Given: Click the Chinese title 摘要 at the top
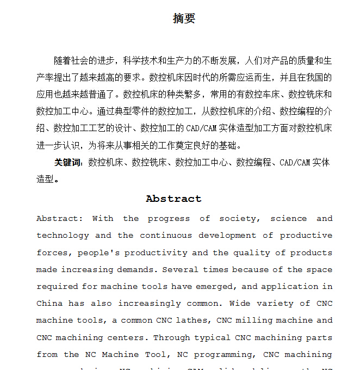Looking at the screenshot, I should (184, 18).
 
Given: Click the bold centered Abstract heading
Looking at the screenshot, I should (173, 199).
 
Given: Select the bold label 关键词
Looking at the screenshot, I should (67, 162).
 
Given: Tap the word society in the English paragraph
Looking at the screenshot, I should (237, 219).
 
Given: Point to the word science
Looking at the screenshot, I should (288, 219).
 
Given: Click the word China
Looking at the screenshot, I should (49, 304).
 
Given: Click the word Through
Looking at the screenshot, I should (173, 337).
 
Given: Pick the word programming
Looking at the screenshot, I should (224, 354).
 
